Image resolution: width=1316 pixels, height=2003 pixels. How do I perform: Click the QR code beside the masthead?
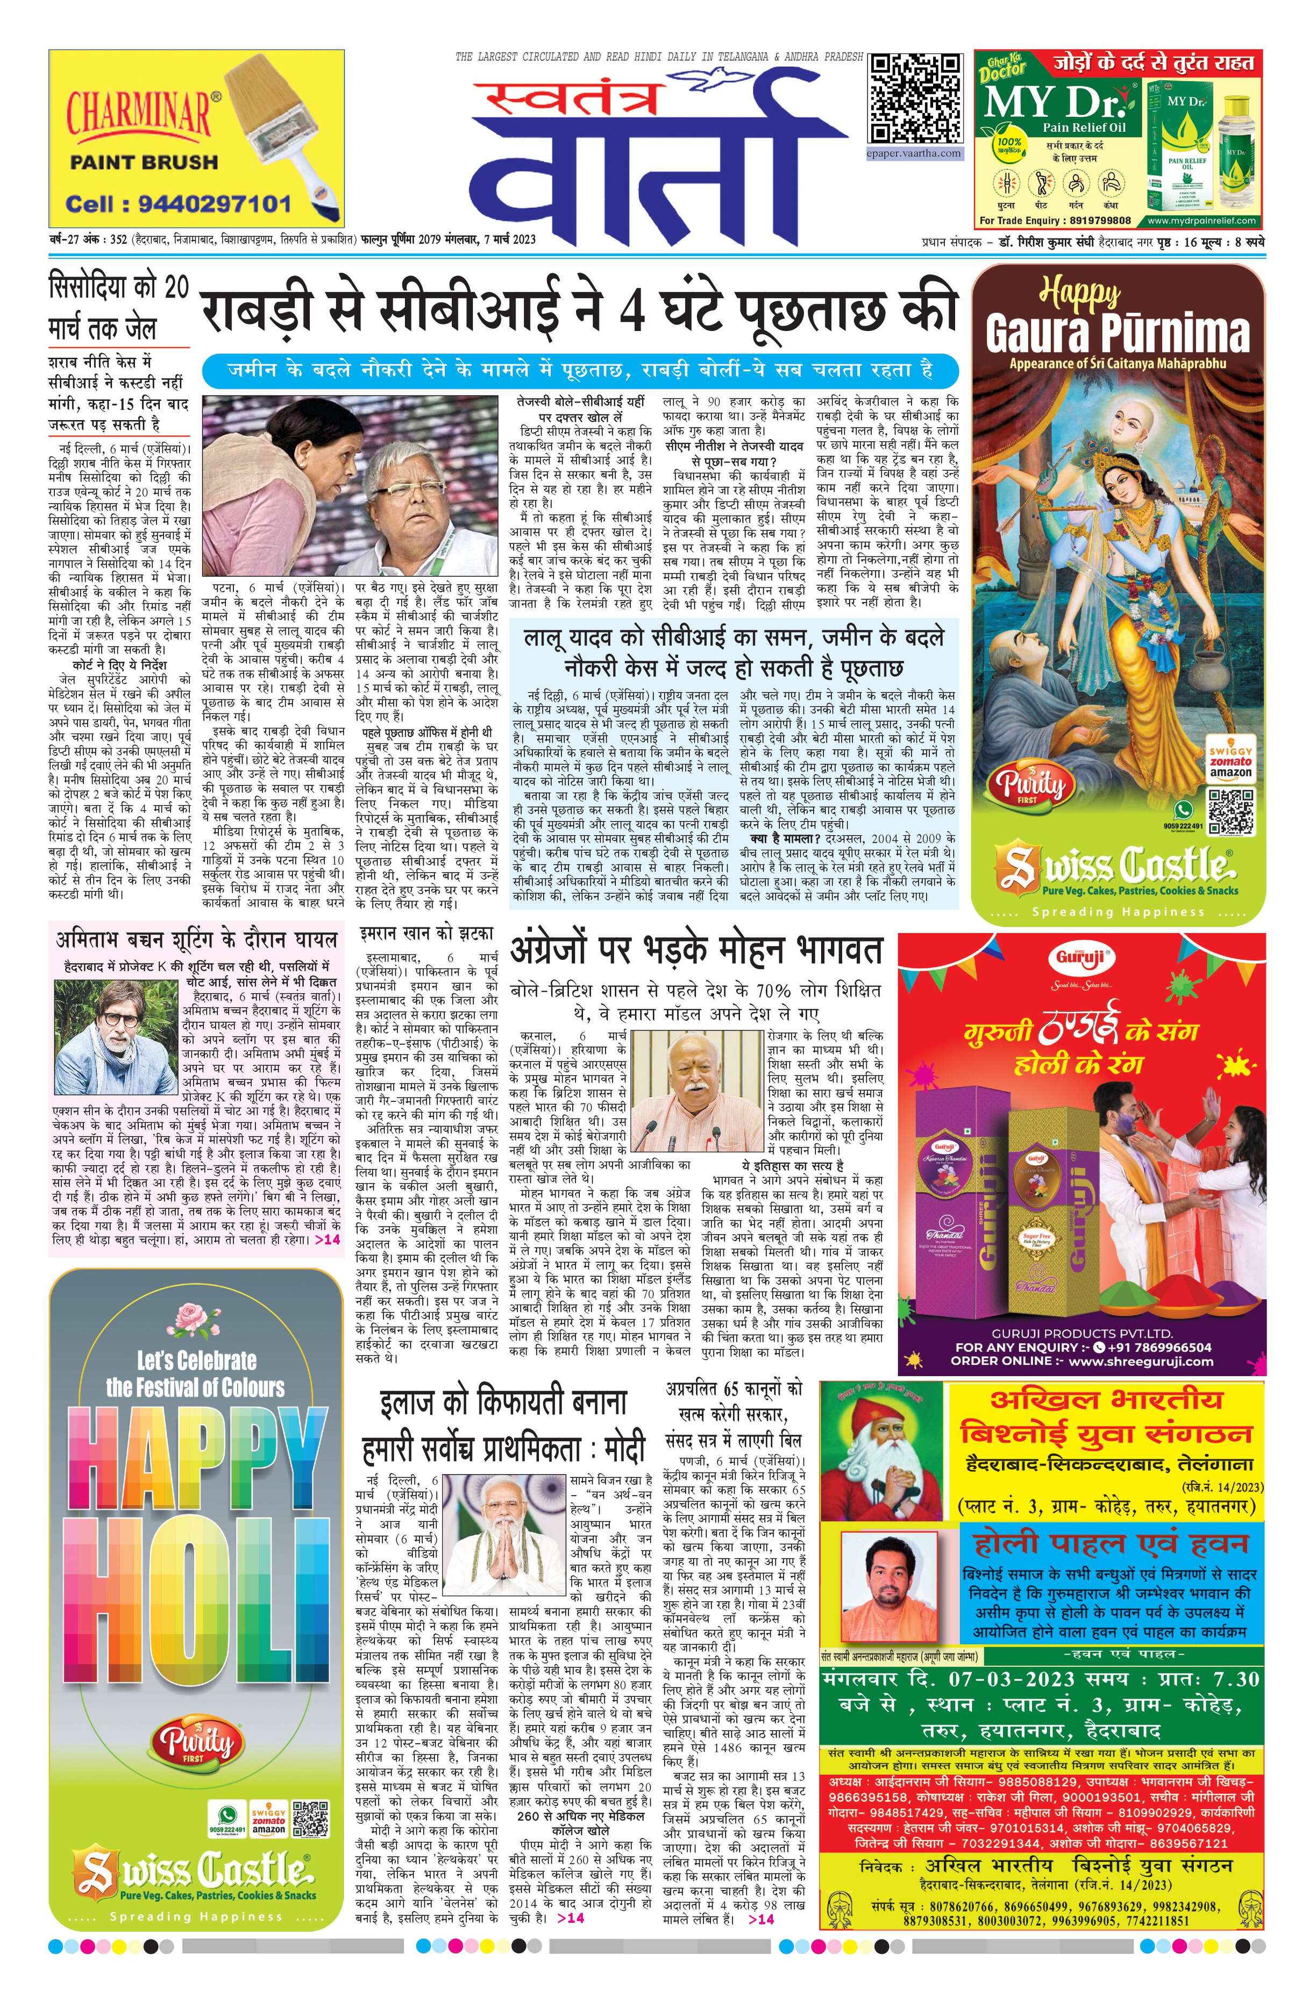click(915, 100)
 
